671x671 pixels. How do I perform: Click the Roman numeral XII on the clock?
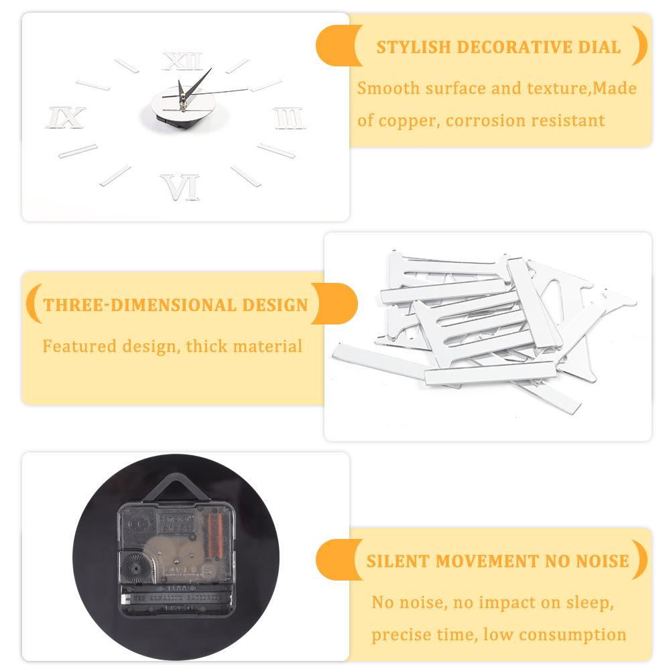click(182, 62)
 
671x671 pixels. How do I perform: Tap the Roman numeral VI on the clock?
click(180, 187)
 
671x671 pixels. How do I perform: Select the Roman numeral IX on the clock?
click(65, 118)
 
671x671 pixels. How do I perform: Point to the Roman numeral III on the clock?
click(290, 119)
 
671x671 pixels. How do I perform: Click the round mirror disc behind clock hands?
click(171, 109)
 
